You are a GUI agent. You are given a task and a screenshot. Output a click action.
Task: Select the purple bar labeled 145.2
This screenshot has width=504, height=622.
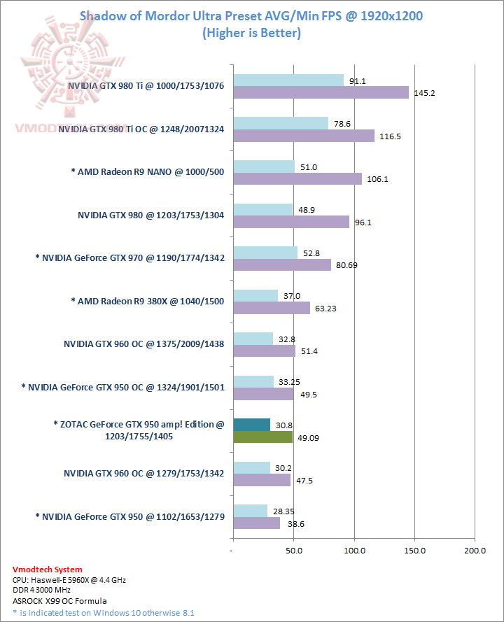[x=320, y=92]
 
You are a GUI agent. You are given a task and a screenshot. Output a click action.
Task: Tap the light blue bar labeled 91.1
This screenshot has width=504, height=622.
[x=288, y=80]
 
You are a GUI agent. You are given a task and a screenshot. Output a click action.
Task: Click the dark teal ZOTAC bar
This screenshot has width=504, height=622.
[x=251, y=425]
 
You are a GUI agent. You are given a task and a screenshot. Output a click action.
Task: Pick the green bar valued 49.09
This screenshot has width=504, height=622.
[x=262, y=437]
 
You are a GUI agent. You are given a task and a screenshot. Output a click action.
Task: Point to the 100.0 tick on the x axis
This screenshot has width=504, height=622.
[x=354, y=551]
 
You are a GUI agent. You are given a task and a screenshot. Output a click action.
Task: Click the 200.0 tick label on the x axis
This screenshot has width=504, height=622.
[x=475, y=551]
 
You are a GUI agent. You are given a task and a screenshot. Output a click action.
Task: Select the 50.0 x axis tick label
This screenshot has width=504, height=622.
[x=293, y=551]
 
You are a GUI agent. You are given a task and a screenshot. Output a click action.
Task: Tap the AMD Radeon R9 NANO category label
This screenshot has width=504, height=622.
[x=148, y=172]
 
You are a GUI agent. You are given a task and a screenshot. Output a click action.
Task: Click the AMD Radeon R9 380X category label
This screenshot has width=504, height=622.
[x=148, y=301]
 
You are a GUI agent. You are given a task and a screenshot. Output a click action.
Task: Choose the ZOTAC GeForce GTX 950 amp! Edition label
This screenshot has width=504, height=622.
[x=139, y=430]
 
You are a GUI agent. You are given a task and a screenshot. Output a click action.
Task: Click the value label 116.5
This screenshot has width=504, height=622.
[x=389, y=136]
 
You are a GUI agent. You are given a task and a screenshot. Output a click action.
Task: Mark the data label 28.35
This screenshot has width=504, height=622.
[x=283, y=510]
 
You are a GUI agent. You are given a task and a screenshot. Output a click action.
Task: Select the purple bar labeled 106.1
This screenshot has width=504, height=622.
[x=297, y=178]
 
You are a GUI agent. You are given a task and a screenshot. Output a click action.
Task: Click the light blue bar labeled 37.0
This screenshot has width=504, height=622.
[x=255, y=296]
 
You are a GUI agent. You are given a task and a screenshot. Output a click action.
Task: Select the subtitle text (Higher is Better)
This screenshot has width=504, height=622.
[x=251, y=33]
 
